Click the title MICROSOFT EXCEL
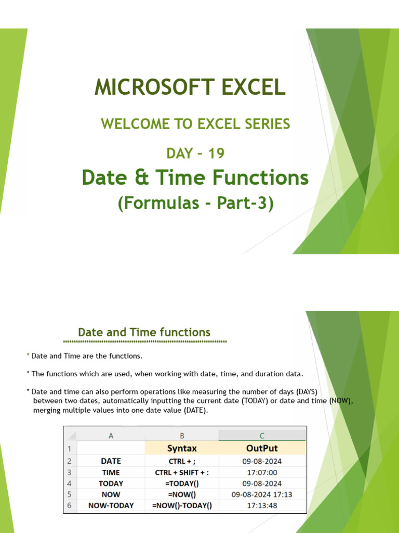(190, 87)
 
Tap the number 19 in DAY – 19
(215, 153)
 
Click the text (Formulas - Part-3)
(195, 203)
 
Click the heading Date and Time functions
(144, 332)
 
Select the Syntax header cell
(182, 448)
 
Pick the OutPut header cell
(262, 448)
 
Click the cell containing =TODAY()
(182, 483)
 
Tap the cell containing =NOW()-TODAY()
(182, 505)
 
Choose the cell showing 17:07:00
(262, 472)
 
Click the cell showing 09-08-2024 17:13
(262, 494)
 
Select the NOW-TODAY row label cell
(111, 505)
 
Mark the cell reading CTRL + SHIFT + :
(182, 472)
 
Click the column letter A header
(111, 436)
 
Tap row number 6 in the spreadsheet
(69, 505)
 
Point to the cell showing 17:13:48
(262, 505)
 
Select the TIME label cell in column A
(111, 472)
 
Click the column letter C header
(262, 436)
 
